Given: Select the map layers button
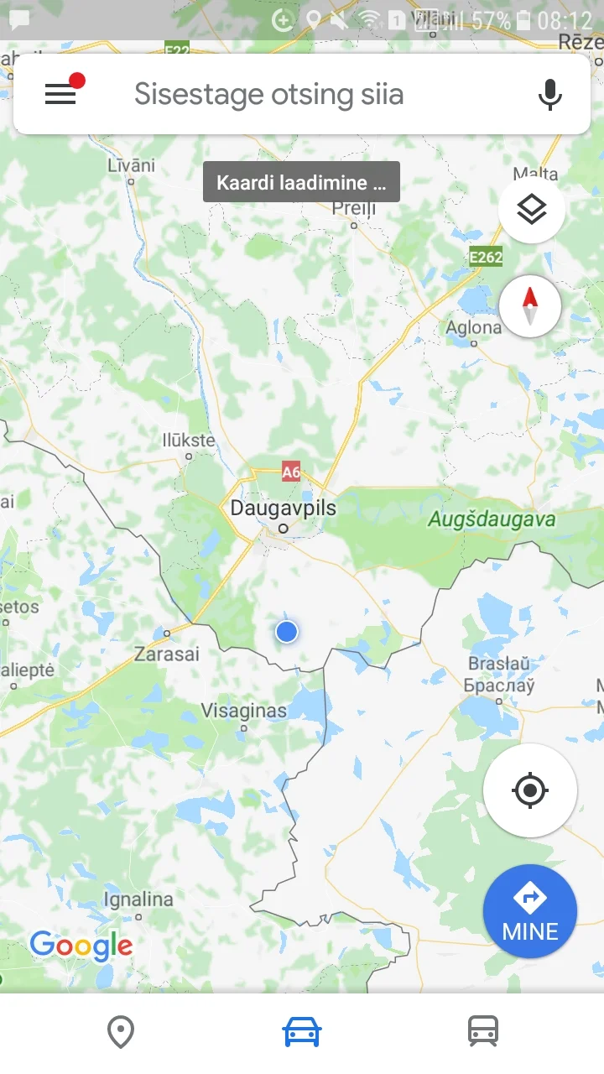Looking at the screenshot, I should coord(531,211).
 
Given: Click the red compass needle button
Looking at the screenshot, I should coord(530,305).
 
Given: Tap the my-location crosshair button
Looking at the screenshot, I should coord(529,790).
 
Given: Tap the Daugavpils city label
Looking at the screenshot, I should coord(283,508).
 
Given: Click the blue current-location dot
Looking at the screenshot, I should coord(287,632).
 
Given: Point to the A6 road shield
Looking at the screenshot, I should coord(290,472).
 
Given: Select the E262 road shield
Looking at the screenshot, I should coord(486,257).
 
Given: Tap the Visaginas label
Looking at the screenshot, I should coord(243,711).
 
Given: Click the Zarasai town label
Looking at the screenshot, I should coord(167,653).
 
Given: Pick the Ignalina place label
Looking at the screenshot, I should coord(138,899).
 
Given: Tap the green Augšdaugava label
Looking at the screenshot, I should coord(492,519).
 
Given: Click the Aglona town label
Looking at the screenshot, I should coord(474,327).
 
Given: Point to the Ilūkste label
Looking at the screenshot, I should coord(188,441).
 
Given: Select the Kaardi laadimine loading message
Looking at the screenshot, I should coord(301,183).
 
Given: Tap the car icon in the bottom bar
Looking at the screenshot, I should coord(302,1031).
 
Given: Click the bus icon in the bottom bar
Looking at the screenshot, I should coord(483,1031).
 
